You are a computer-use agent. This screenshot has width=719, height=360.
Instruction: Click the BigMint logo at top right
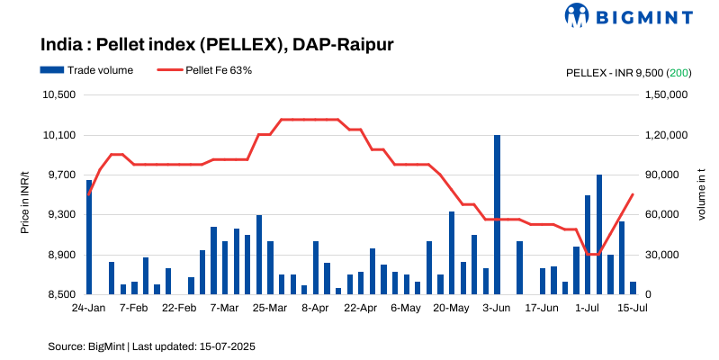click(x=627, y=15)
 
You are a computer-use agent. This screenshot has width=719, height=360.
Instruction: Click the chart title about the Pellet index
click(x=217, y=44)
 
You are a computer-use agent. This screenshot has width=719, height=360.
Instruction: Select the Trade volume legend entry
click(x=86, y=70)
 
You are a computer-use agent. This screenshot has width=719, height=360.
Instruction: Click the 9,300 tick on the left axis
click(x=63, y=215)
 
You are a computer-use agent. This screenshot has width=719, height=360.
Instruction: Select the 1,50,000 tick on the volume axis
click(x=667, y=95)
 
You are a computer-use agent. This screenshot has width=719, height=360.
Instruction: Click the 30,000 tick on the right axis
click(x=663, y=255)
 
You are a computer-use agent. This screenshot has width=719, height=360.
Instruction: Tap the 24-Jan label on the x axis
click(x=88, y=309)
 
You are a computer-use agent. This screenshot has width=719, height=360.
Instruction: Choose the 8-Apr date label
click(x=315, y=309)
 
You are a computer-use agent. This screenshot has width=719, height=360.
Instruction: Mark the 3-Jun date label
click(x=497, y=309)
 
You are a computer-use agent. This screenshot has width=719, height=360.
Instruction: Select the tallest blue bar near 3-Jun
click(x=497, y=214)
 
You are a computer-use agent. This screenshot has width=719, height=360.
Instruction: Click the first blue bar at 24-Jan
click(x=89, y=237)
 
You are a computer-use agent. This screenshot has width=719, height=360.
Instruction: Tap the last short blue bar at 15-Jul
click(x=633, y=288)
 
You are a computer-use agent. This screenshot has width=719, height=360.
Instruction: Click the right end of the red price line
click(x=633, y=194)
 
